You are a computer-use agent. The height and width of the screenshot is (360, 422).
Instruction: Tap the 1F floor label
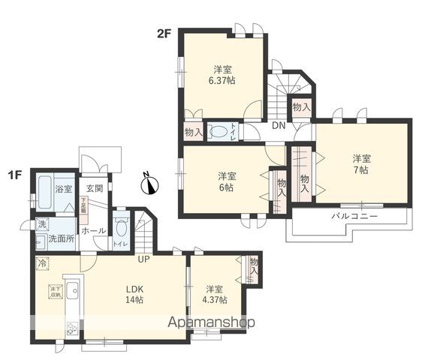(14, 175)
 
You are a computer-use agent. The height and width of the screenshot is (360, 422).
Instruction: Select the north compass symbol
(150, 182)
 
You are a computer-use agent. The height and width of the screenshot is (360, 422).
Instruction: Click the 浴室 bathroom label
(62, 190)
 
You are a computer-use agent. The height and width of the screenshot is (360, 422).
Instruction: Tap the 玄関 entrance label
(94, 189)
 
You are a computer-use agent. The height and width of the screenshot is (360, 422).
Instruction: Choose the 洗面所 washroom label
(61, 239)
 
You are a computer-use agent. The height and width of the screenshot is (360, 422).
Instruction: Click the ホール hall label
(93, 230)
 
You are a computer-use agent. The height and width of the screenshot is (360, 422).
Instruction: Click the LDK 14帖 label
(134, 294)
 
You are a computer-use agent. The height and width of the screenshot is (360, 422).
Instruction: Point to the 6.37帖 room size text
(221, 80)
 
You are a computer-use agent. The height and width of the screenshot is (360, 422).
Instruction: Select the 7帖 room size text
(363, 170)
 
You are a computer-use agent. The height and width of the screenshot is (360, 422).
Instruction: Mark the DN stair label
(277, 126)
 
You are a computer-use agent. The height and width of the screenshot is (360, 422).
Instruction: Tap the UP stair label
(142, 259)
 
